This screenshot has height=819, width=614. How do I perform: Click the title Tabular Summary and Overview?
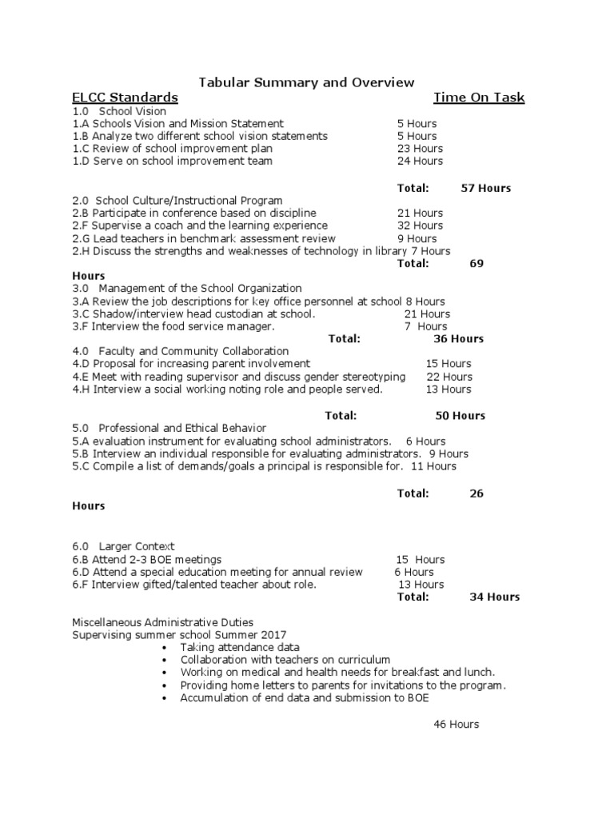pos(306,82)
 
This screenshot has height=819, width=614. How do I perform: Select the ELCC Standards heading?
pos(125,98)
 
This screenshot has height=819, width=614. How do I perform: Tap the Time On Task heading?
pos(479,98)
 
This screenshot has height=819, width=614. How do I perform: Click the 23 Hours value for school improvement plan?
pos(420,149)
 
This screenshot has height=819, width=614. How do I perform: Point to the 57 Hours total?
pos(485,189)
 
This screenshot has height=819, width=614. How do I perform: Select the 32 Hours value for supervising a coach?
pos(420,226)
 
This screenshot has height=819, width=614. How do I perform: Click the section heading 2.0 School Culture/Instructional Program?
pos(177,200)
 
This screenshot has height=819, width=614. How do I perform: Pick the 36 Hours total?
pos(458,339)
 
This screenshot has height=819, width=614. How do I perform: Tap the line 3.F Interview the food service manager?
pos(173,326)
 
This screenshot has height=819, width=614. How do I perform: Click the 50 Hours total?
pos(460,416)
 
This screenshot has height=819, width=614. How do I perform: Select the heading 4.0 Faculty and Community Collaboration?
pos(180,351)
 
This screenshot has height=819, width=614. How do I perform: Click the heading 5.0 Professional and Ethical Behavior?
pos(169,428)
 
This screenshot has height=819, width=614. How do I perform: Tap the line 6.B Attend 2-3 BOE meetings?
pos(147,559)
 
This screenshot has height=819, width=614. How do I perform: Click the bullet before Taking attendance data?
pos(164,647)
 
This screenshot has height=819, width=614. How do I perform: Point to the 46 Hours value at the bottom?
pos(456,724)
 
